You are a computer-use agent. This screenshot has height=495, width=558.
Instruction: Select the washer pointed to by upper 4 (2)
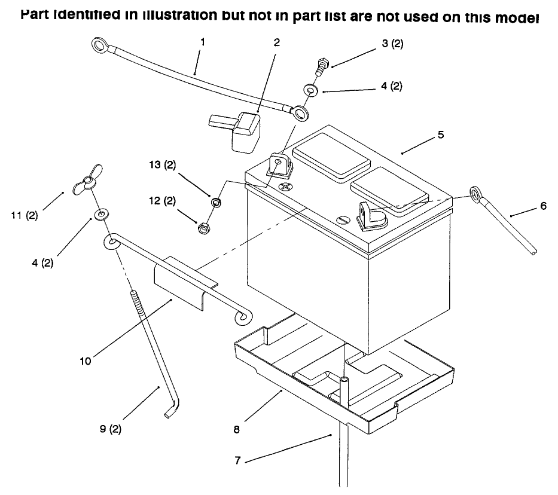pos(311,90)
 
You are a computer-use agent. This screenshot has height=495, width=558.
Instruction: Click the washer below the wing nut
pos(101,214)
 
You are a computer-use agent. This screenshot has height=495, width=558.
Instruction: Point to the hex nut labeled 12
pos(203,228)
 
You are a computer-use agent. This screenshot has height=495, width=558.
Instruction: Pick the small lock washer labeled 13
pos(216,203)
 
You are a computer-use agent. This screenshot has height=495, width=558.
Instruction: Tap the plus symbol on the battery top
pos(285,187)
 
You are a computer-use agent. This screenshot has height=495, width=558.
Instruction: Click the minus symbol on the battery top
pos(344,220)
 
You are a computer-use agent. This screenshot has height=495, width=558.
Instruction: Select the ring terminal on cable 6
pos(475,194)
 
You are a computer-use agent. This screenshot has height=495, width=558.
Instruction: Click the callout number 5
pos(441,135)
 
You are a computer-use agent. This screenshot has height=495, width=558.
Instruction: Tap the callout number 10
pos(86,361)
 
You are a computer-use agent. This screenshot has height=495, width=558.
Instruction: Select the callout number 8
pos(237,430)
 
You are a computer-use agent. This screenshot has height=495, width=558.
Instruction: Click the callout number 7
pos(237,460)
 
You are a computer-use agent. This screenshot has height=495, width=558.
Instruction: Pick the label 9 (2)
pos(110,429)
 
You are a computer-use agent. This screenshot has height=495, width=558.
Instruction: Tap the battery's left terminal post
pos(279,165)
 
